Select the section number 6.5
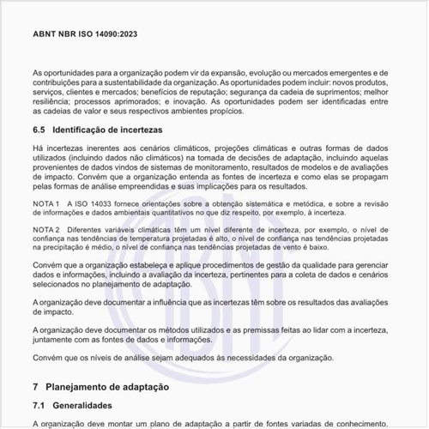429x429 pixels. [x=39, y=130]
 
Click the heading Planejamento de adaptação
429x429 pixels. [x=113, y=387]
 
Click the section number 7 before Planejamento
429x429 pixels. [x=35, y=387]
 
